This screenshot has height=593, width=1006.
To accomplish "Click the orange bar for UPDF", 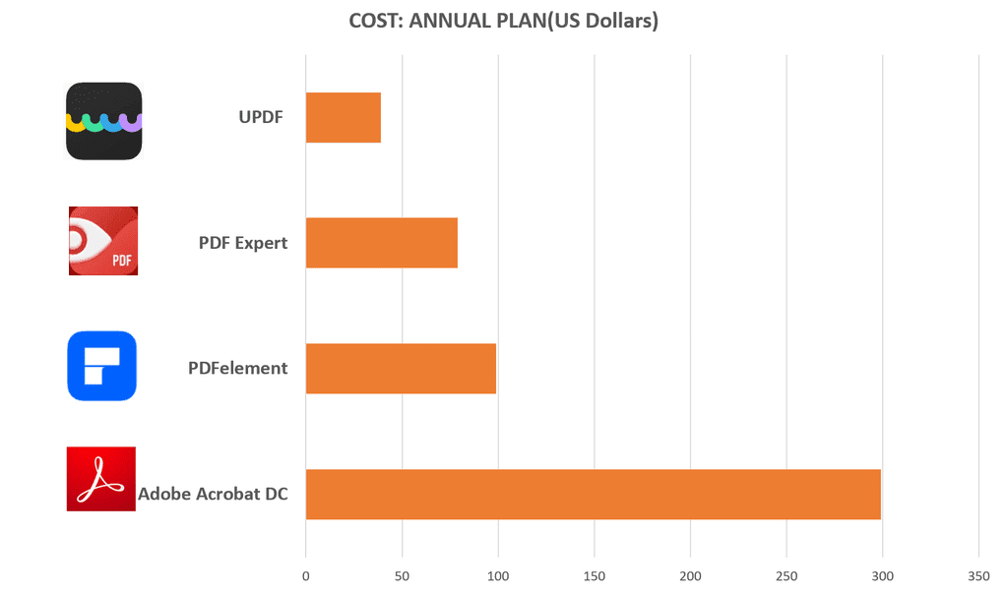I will (343, 117).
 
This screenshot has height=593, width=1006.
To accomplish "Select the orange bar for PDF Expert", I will (381, 242).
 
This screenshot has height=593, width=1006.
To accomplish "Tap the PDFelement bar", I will (401, 368).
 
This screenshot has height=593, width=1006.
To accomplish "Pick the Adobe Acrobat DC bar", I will (593, 494).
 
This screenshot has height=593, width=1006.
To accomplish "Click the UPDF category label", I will (261, 117).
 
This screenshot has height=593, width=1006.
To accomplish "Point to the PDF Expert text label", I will (243, 242).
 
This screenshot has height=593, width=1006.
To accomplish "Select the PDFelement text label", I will (238, 368).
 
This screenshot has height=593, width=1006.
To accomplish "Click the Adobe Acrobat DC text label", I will (213, 494).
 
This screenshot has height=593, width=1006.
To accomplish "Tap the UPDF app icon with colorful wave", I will (104, 121).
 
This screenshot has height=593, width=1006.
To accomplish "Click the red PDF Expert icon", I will (103, 241).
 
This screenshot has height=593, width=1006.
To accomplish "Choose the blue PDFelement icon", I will (101, 366).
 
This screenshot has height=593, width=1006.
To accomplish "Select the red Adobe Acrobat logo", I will (100, 479).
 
